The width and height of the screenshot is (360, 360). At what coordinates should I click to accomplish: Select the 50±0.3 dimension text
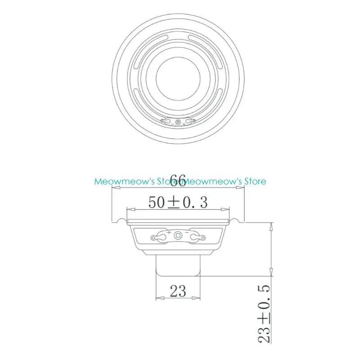pos(178,202)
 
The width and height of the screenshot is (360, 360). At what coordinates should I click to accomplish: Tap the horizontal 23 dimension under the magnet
pos(178,291)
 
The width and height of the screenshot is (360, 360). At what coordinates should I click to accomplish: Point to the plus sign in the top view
pos(184,124)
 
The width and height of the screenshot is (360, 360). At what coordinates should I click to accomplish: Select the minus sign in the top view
pos(171,123)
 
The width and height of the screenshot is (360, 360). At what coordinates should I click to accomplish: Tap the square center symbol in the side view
pos(178,235)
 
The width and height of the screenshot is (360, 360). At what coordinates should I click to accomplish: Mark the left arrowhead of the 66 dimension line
pos(114,189)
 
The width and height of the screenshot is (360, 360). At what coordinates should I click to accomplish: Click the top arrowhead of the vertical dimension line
pos(271,224)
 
